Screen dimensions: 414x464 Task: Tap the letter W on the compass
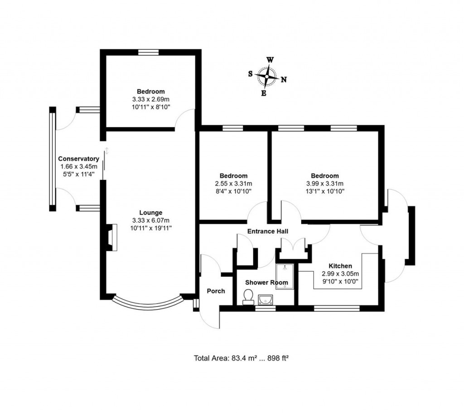pyautogui.click(x=270, y=60)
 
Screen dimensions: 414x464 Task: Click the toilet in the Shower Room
pyautogui.click(x=248, y=297)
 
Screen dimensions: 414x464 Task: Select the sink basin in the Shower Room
pyautogui.click(x=266, y=299)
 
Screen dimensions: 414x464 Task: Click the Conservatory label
pyautogui.click(x=78, y=159)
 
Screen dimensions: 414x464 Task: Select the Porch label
pyautogui.click(x=216, y=291)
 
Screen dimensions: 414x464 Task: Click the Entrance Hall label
pyautogui.click(x=268, y=231)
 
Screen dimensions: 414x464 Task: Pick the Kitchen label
pyautogui.click(x=340, y=266)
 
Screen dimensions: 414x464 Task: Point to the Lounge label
pyautogui.click(x=150, y=212)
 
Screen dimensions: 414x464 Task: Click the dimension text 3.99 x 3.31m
pyautogui.click(x=324, y=183)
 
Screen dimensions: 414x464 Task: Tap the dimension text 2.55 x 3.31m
pyautogui.click(x=233, y=183)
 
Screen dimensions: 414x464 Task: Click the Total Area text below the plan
pyautogui.click(x=242, y=358)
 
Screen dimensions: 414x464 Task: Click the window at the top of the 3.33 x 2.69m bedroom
pyautogui.click(x=149, y=53)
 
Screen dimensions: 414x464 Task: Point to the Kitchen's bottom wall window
pyautogui.click(x=337, y=308)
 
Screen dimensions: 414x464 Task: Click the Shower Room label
pyautogui.click(x=266, y=282)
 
